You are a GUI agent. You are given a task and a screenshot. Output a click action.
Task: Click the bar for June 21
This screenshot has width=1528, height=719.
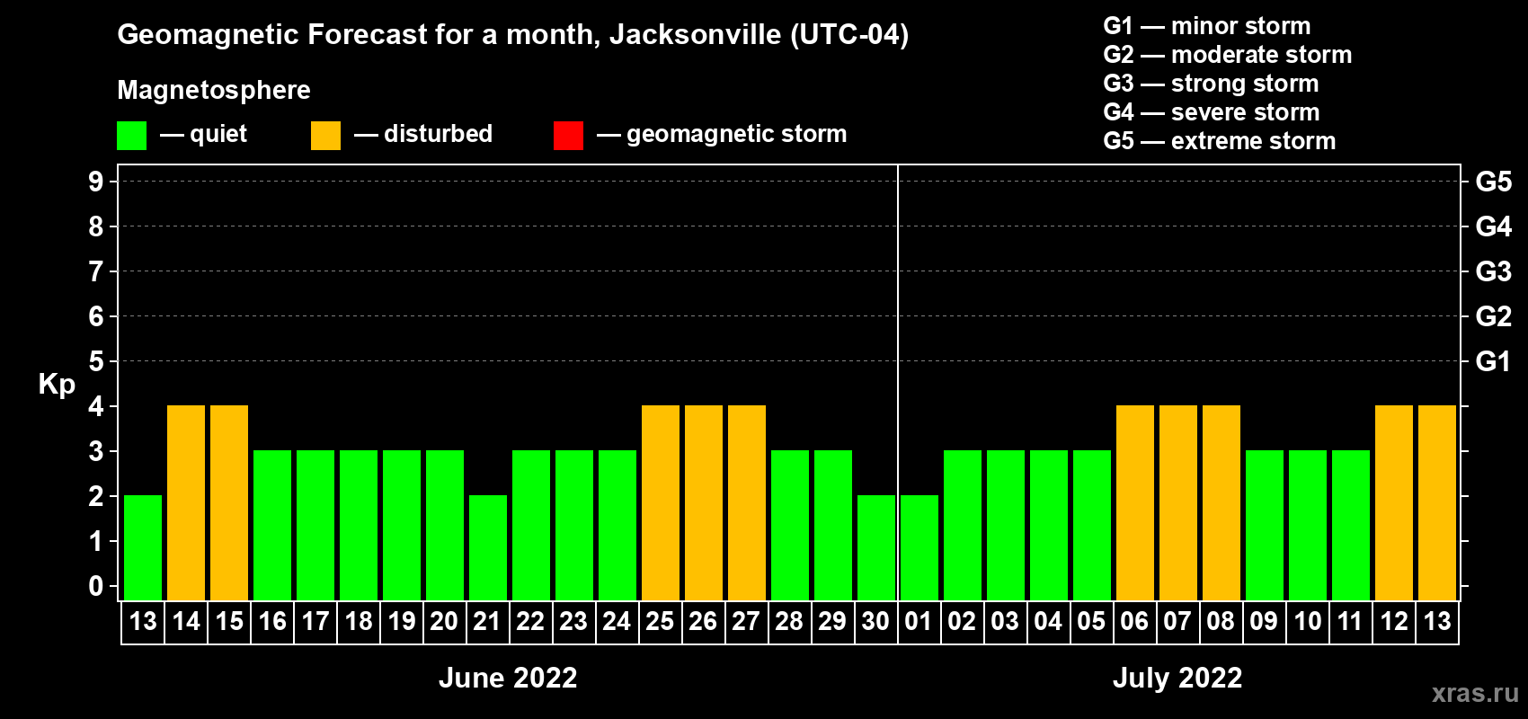488,547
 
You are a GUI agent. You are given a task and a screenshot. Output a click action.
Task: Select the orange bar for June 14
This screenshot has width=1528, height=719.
186,502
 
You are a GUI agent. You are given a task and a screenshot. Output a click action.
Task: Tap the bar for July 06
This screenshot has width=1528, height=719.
1135,502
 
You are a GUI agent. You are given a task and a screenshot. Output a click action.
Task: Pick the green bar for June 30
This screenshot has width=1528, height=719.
876,547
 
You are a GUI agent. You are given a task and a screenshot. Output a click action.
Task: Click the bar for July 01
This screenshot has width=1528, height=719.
919,547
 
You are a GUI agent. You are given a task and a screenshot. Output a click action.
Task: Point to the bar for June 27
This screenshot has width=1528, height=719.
747,502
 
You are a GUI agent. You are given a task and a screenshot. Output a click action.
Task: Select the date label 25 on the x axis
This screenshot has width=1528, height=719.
660,621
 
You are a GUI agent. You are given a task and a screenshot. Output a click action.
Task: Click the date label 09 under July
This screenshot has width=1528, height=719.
1264,621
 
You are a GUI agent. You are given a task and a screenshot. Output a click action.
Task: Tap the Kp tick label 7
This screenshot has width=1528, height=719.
96,271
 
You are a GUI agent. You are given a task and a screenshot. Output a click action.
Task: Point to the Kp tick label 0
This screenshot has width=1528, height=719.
96,586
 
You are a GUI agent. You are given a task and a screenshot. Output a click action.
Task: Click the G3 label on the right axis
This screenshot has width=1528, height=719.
1493,271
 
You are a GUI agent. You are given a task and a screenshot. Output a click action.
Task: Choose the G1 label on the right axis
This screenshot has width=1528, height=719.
1493,361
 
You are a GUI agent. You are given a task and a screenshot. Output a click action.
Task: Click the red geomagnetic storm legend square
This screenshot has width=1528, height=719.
568,136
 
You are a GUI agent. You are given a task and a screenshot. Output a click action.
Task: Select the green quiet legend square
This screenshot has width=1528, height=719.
132,136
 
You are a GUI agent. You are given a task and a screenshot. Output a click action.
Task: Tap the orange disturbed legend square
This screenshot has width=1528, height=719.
325,136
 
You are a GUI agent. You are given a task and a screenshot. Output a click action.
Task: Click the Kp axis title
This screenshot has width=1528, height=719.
57,385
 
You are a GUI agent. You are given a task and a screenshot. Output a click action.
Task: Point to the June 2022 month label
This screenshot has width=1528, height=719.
508,678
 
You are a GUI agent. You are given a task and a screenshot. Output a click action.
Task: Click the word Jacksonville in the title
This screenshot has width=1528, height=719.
695,35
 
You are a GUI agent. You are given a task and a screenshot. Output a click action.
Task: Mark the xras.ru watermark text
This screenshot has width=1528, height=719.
1475,693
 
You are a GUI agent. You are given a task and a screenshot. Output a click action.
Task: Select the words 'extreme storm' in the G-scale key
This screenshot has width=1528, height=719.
1253,141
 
